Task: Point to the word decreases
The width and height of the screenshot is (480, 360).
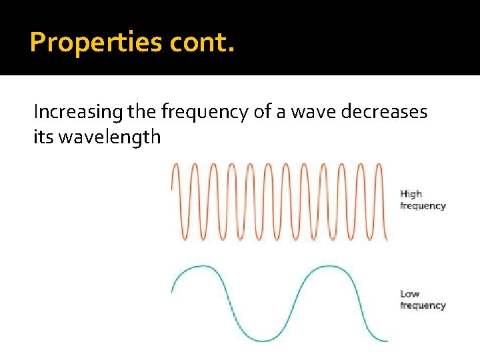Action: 384,112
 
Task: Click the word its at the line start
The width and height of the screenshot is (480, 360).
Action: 41,137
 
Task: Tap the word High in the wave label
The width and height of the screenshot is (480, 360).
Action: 411,194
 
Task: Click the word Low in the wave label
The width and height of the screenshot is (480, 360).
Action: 409,293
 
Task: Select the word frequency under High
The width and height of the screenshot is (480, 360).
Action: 423,206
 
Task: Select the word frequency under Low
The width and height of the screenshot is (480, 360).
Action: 423,305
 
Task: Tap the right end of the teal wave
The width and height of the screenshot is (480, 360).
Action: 386,341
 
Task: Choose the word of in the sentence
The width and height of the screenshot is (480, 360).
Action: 261,112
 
